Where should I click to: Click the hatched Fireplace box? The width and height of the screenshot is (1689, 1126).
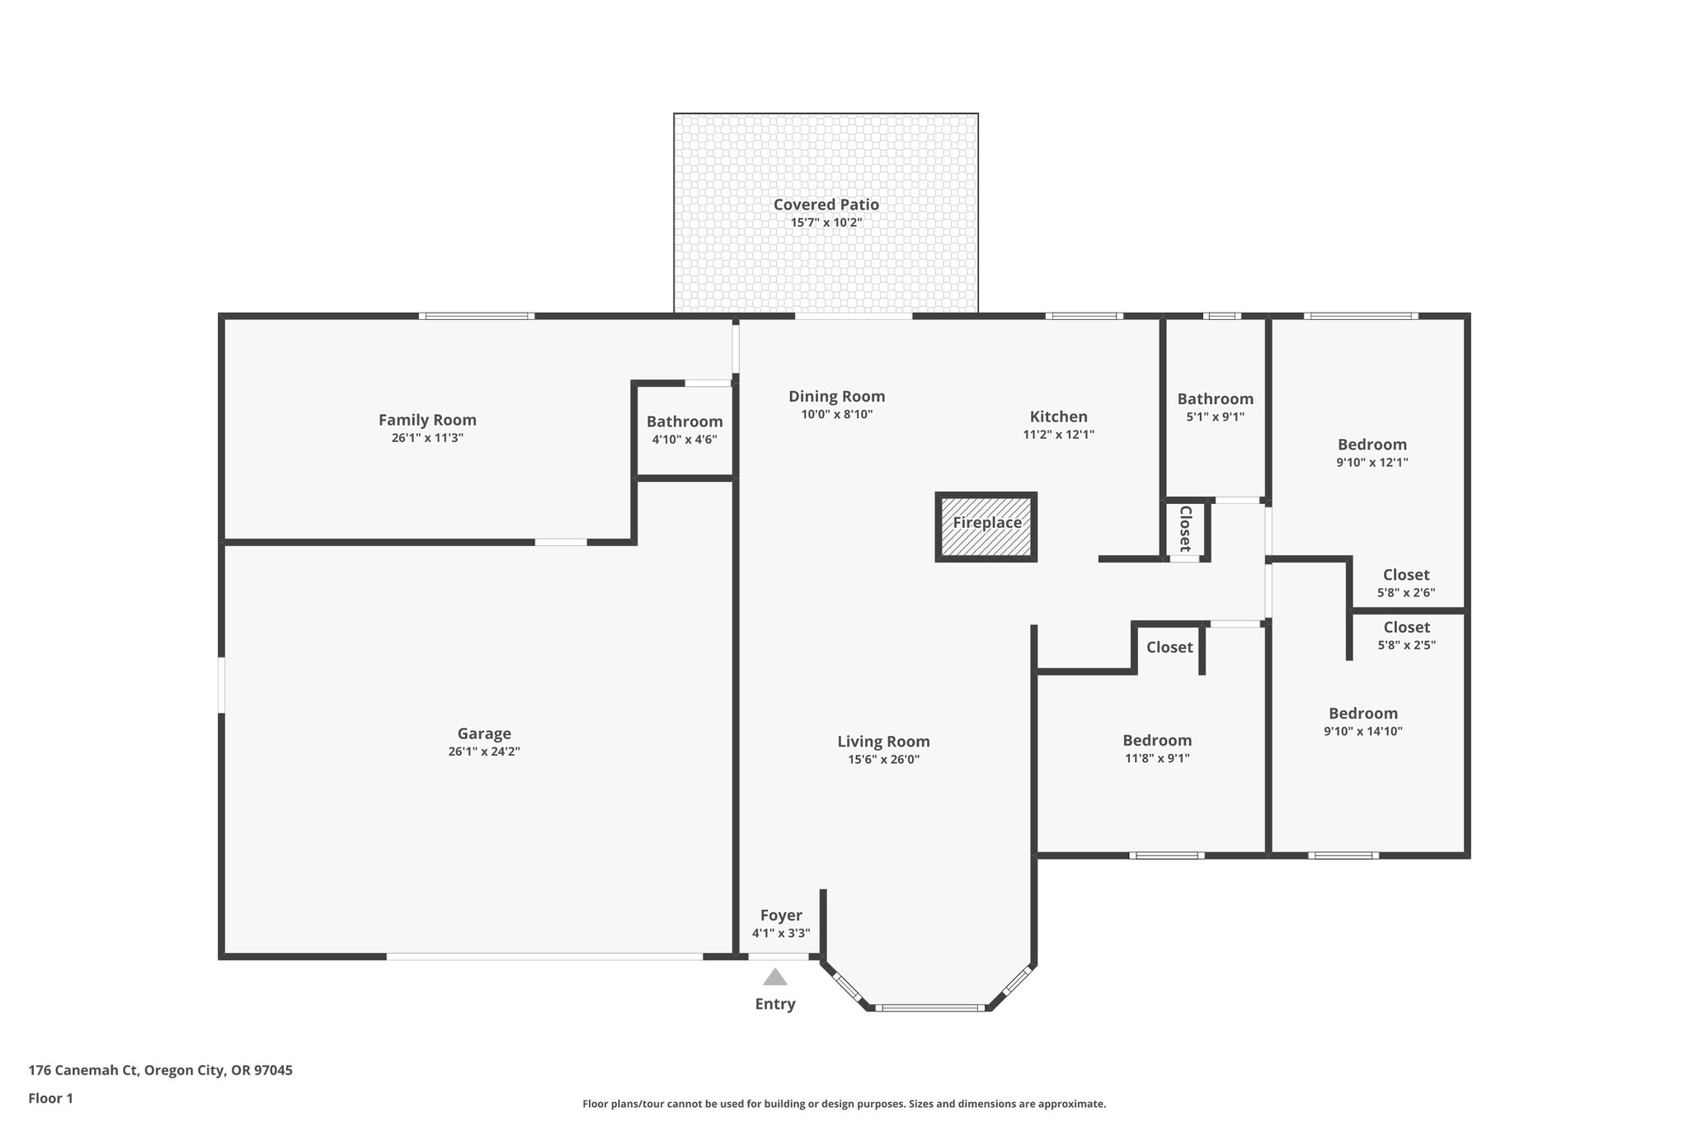coord(986,527)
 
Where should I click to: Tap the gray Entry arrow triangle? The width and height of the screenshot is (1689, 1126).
coord(774,978)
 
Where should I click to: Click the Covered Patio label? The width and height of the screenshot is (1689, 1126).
coord(826,205)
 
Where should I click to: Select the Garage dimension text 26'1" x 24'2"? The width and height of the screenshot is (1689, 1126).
coord(484,751)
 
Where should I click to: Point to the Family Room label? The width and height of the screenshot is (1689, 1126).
coord(427,420)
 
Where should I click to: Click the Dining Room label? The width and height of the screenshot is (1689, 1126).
coord(836,397)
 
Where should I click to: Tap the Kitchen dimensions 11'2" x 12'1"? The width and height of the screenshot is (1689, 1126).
coord(1058,435)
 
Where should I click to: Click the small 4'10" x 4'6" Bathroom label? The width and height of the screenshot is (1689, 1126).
coord(685,422)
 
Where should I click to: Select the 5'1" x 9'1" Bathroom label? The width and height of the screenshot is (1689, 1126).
coord(1215,399)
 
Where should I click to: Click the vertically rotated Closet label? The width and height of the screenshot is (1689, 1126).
coord(1185,529)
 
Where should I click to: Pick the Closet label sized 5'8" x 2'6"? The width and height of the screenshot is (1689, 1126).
coord(1406,575)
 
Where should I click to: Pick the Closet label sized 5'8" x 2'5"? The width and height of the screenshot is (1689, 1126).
coord(1406,628)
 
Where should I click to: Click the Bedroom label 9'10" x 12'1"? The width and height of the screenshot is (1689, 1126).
coord(1371,445)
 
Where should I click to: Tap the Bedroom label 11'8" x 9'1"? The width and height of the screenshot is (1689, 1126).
coord(1157,741)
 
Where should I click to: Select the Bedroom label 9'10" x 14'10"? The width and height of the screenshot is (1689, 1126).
coord(1362,714)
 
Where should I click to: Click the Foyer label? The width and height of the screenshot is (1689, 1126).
coord(781,916)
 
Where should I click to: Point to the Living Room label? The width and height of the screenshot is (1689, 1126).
coord(883,742)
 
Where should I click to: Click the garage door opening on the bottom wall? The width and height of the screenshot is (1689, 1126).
coord(544,957)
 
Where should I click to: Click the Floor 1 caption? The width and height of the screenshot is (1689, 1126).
coord(51,1099)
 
